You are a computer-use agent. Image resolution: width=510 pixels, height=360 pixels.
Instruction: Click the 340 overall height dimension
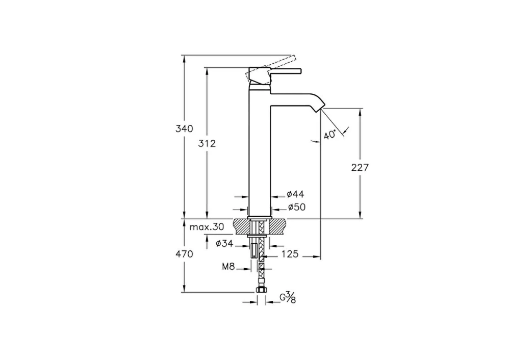[184, 129]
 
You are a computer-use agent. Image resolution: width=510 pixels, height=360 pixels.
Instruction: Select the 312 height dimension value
[207, 143]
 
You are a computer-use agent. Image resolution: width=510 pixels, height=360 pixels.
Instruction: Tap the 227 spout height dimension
[360, 167]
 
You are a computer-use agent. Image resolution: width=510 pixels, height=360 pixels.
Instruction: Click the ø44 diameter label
[295, 194]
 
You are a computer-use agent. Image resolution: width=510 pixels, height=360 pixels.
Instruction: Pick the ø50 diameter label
[297, 207]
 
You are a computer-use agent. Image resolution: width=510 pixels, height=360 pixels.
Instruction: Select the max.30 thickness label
[207, 227]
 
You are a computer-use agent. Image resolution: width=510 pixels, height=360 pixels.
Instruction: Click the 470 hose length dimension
[184, 254]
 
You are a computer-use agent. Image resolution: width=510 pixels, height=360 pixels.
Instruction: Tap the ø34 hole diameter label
[224, 243]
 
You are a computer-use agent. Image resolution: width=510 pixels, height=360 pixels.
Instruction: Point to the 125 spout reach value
[290, 254]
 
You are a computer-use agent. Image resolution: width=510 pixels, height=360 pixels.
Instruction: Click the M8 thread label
[228, 267]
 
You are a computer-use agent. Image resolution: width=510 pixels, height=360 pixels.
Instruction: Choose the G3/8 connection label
[288, 298]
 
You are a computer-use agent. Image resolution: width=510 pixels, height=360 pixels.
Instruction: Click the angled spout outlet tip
[321, 109]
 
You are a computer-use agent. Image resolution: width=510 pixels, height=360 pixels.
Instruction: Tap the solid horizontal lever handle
[285, 70]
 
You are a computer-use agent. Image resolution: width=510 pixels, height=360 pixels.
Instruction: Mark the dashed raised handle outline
[271, 69]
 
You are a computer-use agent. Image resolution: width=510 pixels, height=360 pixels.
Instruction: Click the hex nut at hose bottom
[261, 290]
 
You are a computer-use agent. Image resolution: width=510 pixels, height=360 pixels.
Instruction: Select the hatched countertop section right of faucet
[278, 226]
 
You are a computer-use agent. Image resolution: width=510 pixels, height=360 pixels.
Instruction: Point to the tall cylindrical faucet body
[260, 153]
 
